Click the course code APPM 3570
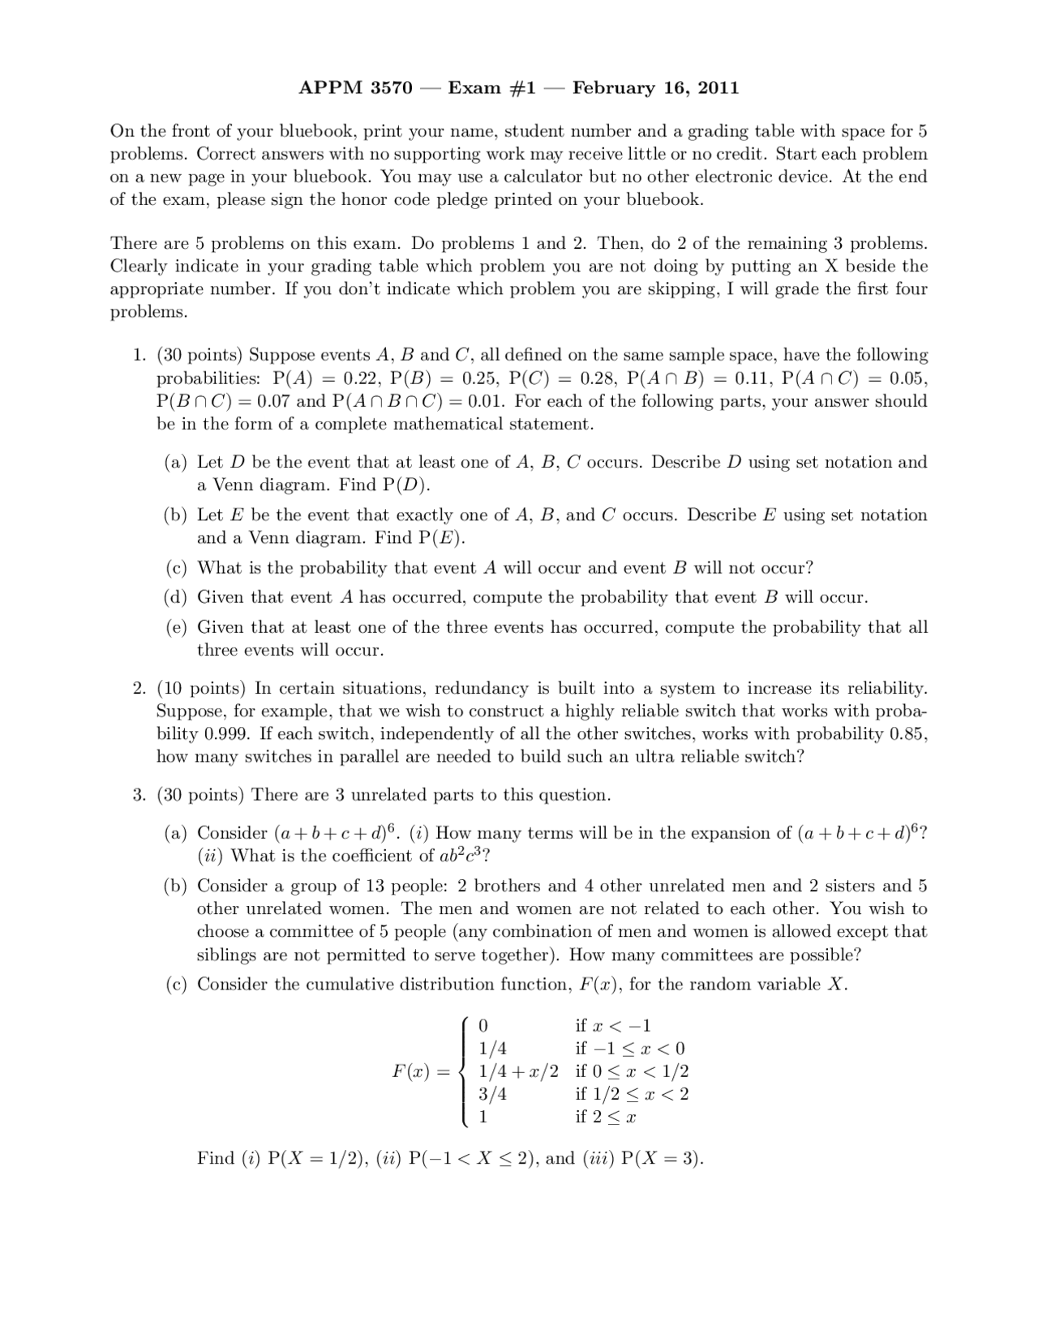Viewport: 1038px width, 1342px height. click(355, 88)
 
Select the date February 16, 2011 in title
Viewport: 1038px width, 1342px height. click(655, 88)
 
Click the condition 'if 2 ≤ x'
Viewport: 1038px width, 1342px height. click(605, 1117)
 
